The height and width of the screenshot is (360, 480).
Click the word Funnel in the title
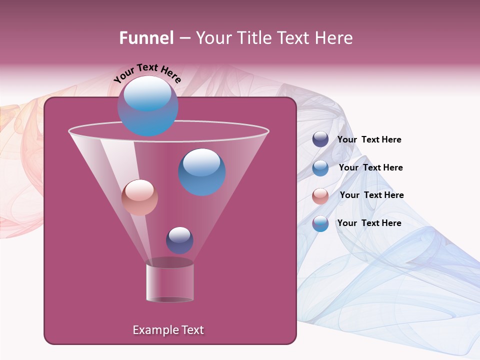pos(146,38)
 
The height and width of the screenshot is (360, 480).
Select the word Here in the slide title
pos(334,38)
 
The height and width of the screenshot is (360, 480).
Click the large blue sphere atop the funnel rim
pos(147,106)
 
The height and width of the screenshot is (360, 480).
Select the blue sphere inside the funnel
pos(201,172)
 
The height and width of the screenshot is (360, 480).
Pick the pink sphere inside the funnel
pos(139,197)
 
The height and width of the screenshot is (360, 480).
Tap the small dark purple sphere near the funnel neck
pos(179,240)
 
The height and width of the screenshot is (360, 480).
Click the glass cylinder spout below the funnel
pos(169,282)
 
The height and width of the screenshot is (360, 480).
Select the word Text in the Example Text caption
pos(192,330)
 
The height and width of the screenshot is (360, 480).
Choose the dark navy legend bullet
pos(320,139)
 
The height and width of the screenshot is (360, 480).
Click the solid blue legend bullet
pos(320,168)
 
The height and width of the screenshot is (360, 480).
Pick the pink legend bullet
pos(320,196)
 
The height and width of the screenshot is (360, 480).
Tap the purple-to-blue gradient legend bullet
pos(320,223)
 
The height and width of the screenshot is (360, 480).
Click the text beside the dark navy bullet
pos(369,140)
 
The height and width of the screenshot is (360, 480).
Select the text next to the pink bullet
pos(371,195)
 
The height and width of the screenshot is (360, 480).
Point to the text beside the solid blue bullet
pos(370,167)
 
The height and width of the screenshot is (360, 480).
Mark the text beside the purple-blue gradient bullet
pos(369,223)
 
